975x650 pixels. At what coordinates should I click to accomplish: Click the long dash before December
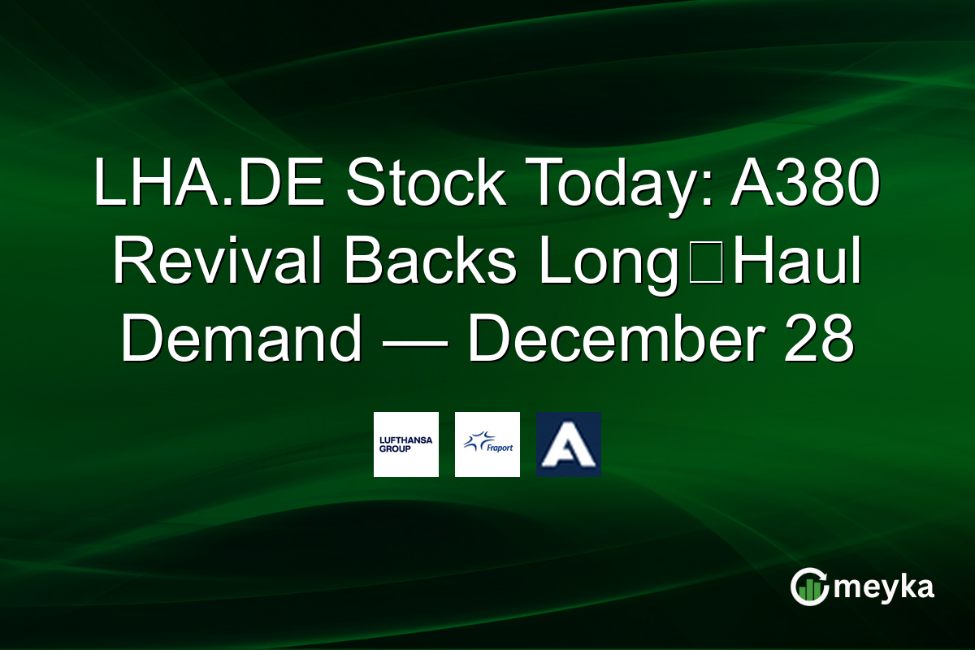pyautogui.click(x=414, y=340)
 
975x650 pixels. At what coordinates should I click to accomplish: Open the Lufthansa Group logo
pyautogui.click(x=406, y=444)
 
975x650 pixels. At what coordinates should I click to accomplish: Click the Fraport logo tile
pyautogui.click(x=487, y=444)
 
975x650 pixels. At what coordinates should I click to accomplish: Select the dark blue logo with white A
pyautogui.click(x=569, y=444)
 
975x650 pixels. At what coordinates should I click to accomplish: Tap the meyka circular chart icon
pyautogui.click(x=808, y=587)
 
